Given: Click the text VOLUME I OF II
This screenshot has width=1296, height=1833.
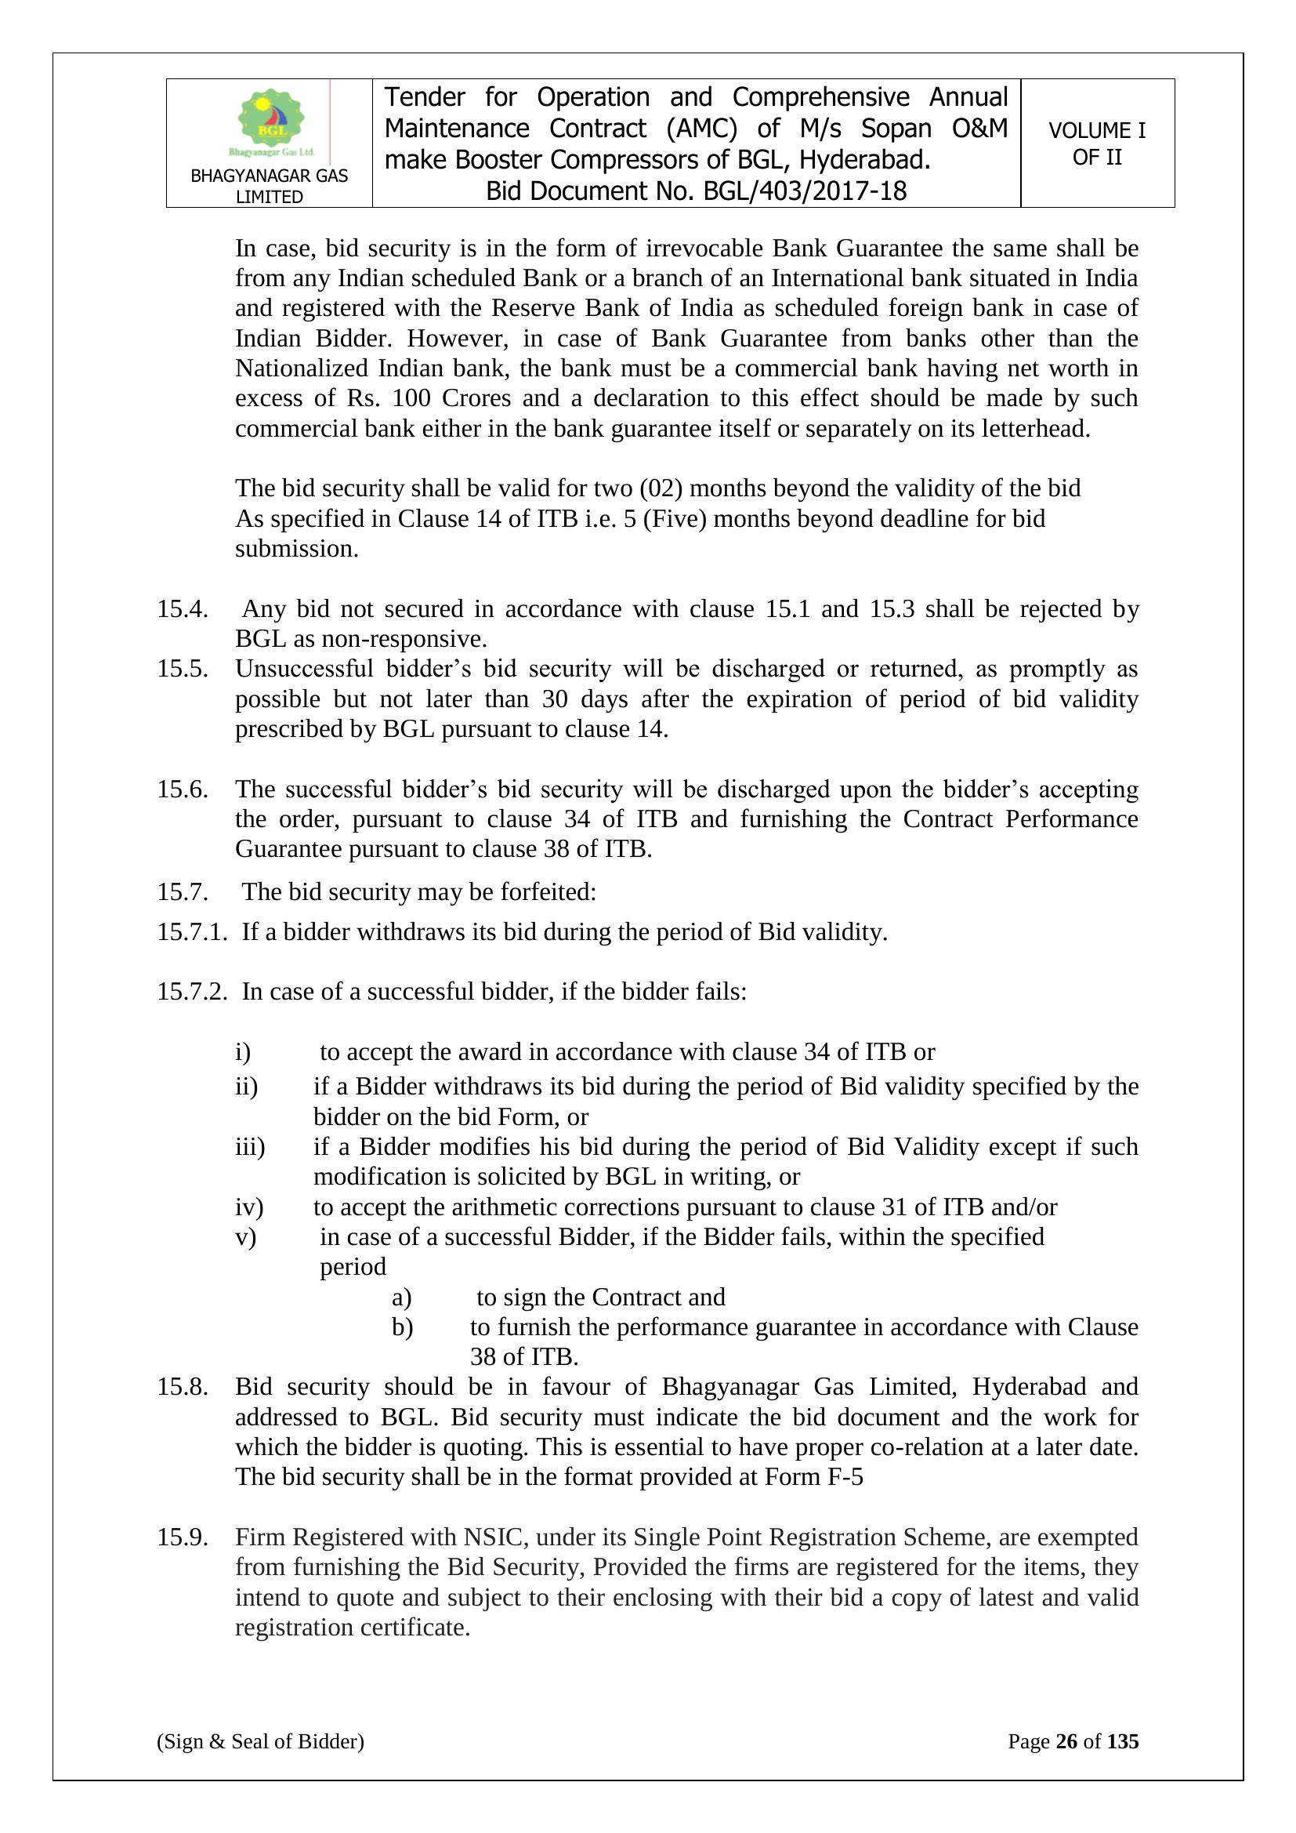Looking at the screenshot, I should (x=1096, y=143).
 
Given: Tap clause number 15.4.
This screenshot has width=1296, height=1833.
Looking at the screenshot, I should (x=182, y=609).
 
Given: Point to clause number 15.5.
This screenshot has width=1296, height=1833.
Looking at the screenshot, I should (x=182, y=669).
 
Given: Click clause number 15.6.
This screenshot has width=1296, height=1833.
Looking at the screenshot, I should (x=182, y=789).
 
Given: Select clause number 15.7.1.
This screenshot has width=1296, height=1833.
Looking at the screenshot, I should (x=191, y=931).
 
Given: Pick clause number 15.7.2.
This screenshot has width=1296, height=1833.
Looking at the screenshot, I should (x=191, y=992).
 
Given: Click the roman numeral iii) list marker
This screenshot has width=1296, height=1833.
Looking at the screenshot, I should (x=249, y=1147).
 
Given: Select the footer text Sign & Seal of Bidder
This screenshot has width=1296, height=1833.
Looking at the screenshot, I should (x=260, y=1741).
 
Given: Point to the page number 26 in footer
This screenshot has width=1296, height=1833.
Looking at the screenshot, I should (x=1066, y=1741).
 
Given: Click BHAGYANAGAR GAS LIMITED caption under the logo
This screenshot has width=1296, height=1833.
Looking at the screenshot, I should (x=269, y=186).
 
